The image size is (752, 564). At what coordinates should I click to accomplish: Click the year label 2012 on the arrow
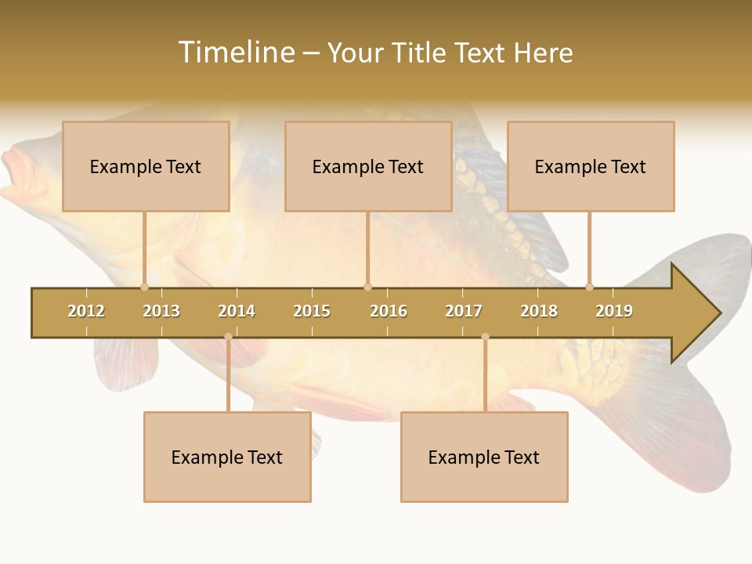86,311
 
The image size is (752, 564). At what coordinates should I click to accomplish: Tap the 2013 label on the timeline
161,311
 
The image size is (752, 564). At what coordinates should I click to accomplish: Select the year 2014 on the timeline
237,311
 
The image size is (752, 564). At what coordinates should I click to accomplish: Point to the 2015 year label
312,311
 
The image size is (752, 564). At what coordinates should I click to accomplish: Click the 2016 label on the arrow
389,311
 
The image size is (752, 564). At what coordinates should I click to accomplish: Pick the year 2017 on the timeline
464,311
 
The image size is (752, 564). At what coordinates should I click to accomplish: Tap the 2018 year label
539,311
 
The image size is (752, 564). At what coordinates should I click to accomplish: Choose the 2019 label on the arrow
614,311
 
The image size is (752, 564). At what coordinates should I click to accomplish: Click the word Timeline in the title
236,52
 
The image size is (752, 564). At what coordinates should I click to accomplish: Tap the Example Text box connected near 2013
146,166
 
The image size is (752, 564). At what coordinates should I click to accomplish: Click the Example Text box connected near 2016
368,166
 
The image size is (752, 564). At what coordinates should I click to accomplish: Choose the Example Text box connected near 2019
591,166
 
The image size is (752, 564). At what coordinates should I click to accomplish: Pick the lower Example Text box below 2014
227,457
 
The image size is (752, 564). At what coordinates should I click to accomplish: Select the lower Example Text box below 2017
484,457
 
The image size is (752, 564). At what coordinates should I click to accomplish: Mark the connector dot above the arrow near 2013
144,287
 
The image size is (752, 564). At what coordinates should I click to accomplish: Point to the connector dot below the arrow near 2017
485,337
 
